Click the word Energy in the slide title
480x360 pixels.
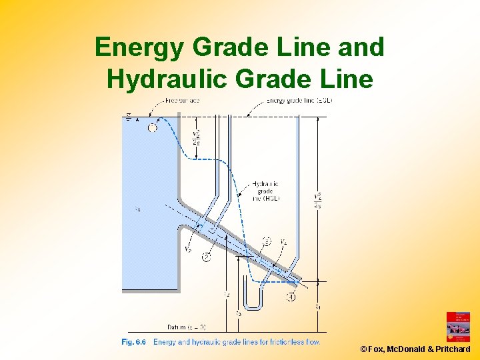click(x=139, y=47)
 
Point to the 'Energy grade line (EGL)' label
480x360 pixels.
click(x=299, y=100)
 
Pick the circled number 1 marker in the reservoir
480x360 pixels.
click(x=153, y=128)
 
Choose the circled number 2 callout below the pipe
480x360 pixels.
click(x=207, y=257)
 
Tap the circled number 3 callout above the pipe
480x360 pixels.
click(x=267, y=241)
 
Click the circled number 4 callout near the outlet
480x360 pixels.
click(x=291, y=297)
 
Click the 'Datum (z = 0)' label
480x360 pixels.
click(x=187, y=327)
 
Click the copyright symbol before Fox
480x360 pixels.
click(x=363, y=349)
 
